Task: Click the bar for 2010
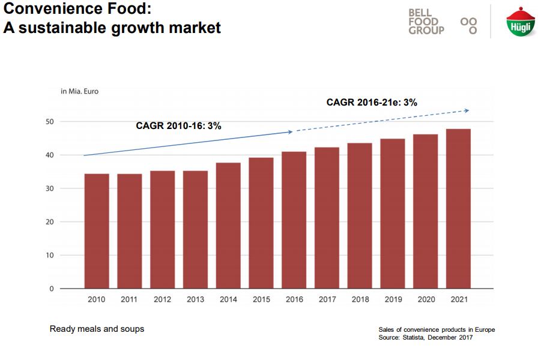click(97, 231)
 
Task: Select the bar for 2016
click(294, 220)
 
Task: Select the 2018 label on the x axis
click(360, 299)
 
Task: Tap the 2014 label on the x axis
click(228, 299)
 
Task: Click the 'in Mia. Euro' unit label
click(79, 92)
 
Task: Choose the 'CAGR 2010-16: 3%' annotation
click(178, 126)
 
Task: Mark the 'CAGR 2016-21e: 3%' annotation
click(372, 103)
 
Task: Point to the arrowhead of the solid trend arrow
click(290, 131)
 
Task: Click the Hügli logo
click(517, 23)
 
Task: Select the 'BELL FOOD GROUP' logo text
click(426, 22)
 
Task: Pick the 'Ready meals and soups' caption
click(97, 329)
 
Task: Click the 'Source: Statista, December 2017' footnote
click(426, 338)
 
